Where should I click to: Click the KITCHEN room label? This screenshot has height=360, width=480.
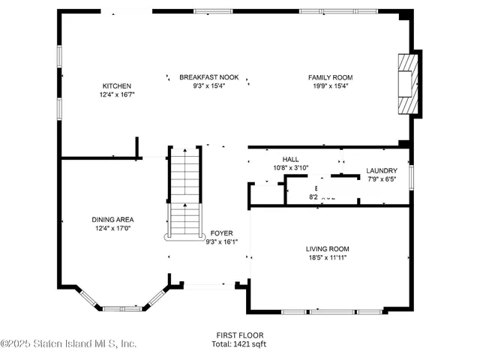[116, 86]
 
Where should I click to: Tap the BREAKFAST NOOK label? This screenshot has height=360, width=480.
[208, 77]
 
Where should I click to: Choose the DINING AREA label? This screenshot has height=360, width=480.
[112, 219]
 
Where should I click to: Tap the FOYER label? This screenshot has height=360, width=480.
[221, 233]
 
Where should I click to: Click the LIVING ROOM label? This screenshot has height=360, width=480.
[327, 248]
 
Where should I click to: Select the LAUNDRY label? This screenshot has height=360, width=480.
[381, 170]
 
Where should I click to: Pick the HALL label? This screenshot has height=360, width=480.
[290, 159]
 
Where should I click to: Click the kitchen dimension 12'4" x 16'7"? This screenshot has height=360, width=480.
[116, 95]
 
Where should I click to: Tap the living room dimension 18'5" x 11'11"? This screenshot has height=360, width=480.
[327, 257]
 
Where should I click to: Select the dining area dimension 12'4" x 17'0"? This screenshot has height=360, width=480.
[112, 228]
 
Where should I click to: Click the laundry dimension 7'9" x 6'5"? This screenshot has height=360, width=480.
[381, 179]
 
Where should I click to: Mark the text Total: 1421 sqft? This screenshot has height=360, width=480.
[240, 343]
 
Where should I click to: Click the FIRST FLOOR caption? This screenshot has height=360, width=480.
[240, 335]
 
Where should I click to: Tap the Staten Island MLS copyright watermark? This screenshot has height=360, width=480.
[69, 343]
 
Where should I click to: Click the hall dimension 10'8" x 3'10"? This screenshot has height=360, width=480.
[290, 168]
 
